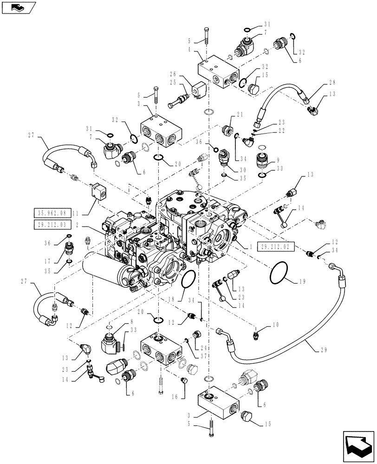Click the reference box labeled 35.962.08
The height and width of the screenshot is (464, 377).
(52, 213)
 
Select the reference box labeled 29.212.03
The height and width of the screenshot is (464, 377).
(52, 226)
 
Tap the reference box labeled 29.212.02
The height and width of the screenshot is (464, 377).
(275, 247)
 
